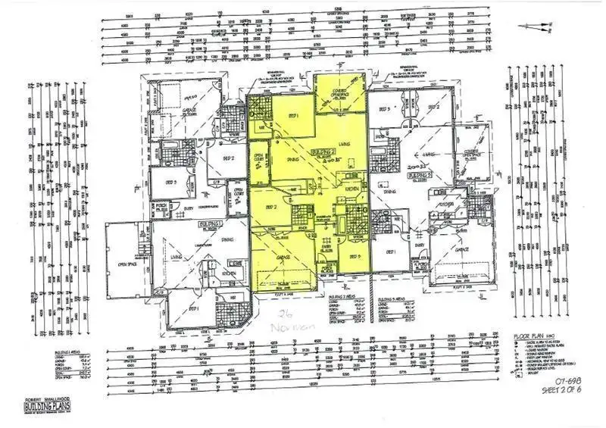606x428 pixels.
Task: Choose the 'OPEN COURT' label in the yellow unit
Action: [258, 158]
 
